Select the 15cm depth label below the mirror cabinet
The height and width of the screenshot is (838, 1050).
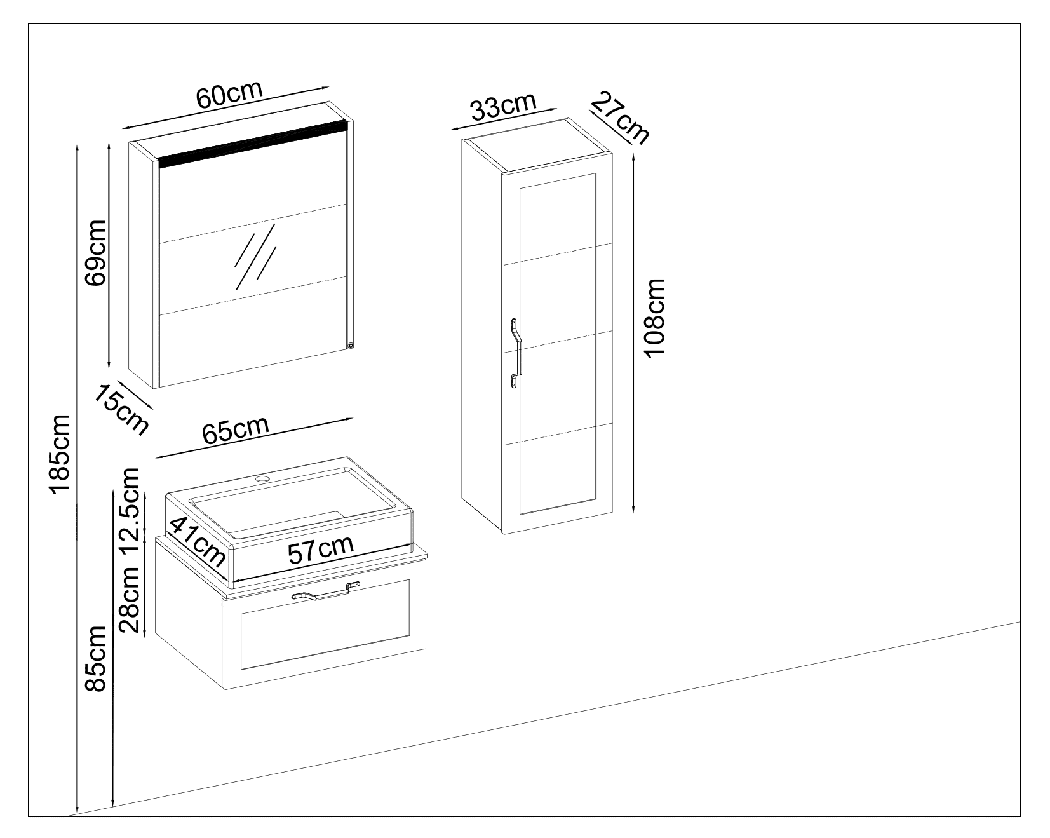[121, 409]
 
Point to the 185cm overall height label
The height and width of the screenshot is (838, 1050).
[61, 454]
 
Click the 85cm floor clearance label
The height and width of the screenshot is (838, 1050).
[97, 658]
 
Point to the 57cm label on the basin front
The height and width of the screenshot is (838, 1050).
[320, 551]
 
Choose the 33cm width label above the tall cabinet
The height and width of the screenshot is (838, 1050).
[504, 108]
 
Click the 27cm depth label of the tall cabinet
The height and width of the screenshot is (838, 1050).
[619, 118]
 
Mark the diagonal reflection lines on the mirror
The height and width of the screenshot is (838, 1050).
[256, 254]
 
